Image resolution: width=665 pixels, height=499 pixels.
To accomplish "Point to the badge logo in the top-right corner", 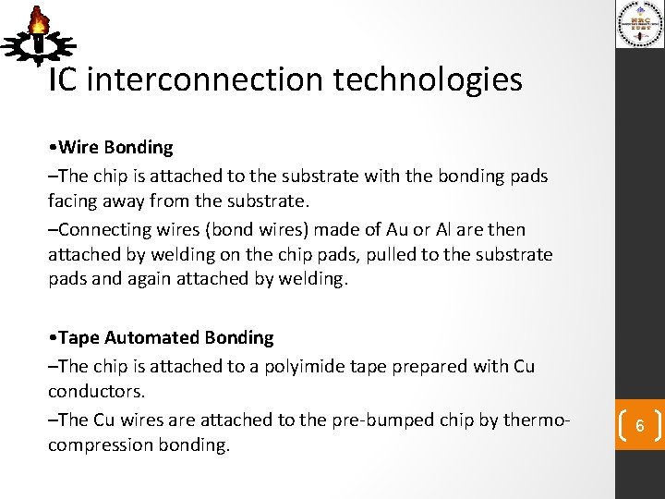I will click(640, 27).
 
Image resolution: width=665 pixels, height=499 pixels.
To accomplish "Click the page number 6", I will click(640, 426).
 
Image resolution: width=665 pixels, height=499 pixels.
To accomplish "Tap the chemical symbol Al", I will click(449, 230).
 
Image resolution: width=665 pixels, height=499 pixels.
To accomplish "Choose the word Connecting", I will click(102, 230).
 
